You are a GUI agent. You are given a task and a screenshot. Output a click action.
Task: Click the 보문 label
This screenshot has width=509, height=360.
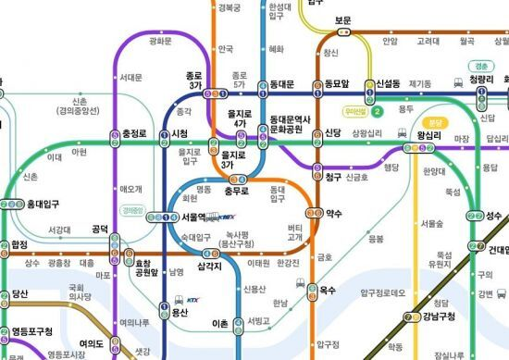point(342,19)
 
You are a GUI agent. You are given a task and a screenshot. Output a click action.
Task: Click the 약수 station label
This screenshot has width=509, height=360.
point(334,214)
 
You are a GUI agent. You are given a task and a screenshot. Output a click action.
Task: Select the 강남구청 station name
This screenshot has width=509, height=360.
point(439,317)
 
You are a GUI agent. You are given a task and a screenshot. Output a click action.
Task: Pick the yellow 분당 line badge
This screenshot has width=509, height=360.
point(430,121)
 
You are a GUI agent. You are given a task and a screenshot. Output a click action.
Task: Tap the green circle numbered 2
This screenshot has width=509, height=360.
point(378,112)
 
